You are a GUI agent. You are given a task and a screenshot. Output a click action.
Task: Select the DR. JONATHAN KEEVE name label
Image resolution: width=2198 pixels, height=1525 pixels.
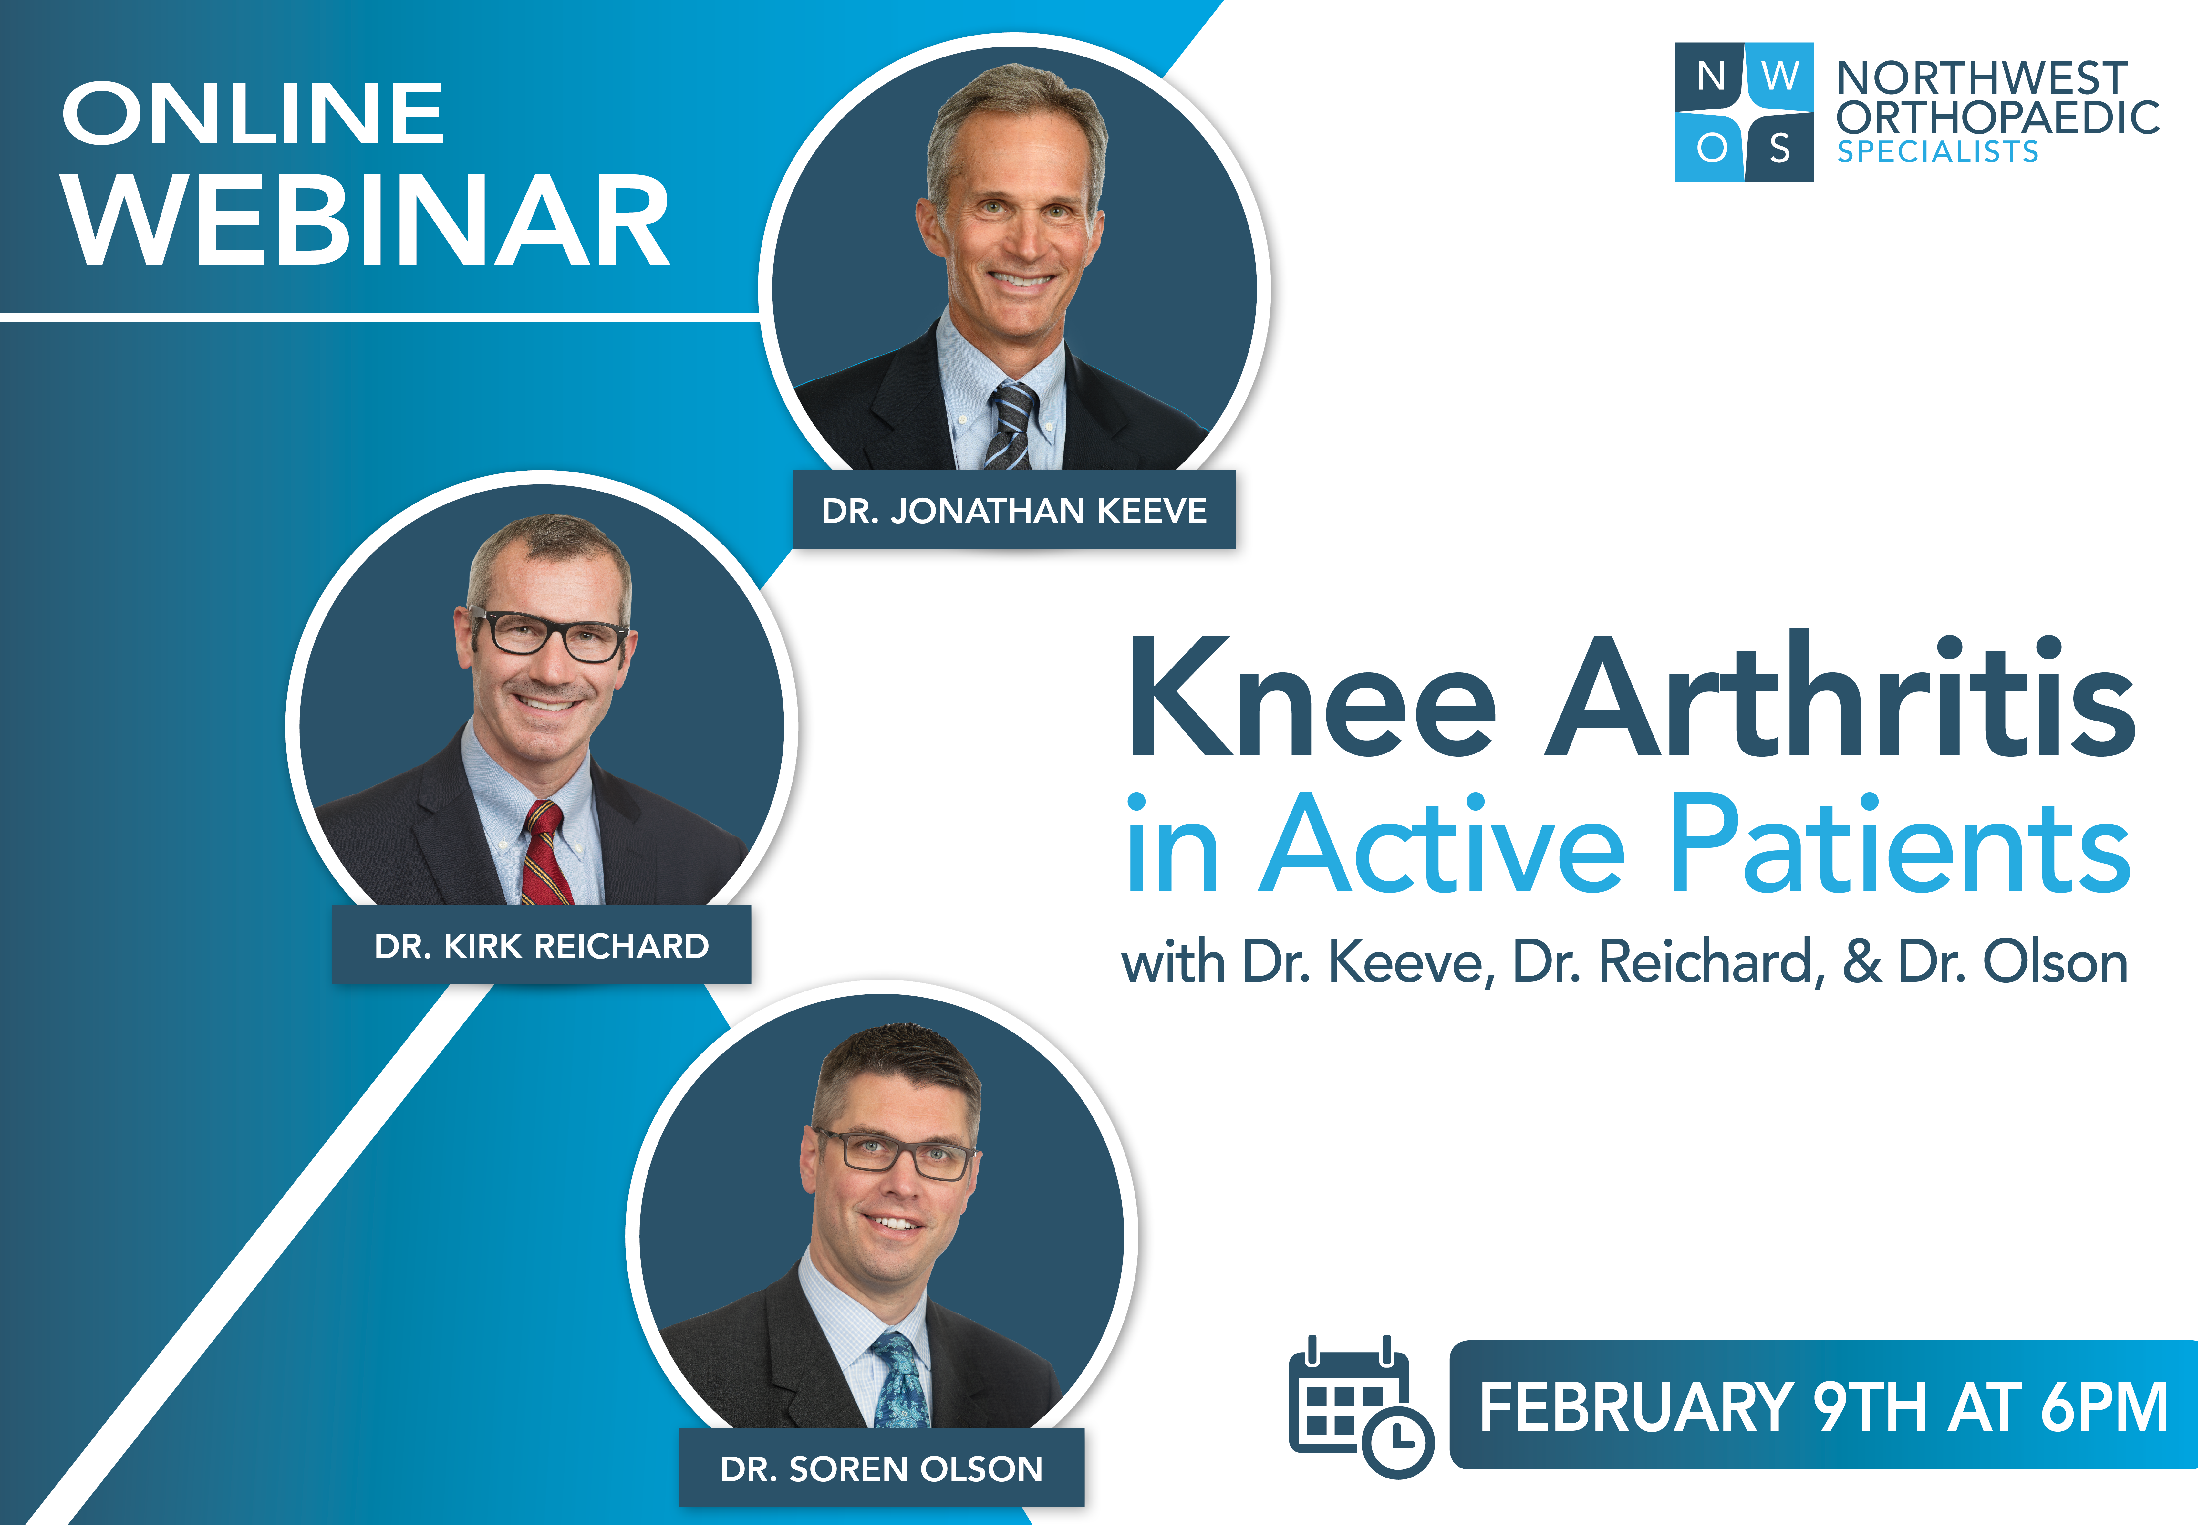click(1014, 510)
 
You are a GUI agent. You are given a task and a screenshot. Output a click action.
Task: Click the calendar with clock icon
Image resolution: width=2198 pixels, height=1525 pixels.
click(1360, 1406)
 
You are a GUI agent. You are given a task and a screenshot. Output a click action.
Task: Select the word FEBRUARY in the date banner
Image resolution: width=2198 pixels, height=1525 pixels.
click(1636, 1406)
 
